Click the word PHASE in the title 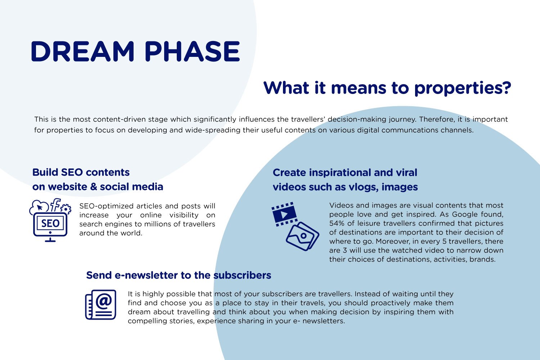point(192,51)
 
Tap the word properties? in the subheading point(463,88)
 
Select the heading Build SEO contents point(81,172)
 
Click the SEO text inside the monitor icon point(50,223)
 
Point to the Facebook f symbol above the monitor point(55,205)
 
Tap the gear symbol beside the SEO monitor point(66,209)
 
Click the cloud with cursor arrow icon point(39,207)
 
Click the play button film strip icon point(284,214)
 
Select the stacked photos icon point(302,236)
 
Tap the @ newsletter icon point(100,305)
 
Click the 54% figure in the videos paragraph point(337,223)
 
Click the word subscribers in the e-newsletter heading point(242,275)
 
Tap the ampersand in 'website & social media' point(93,187)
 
